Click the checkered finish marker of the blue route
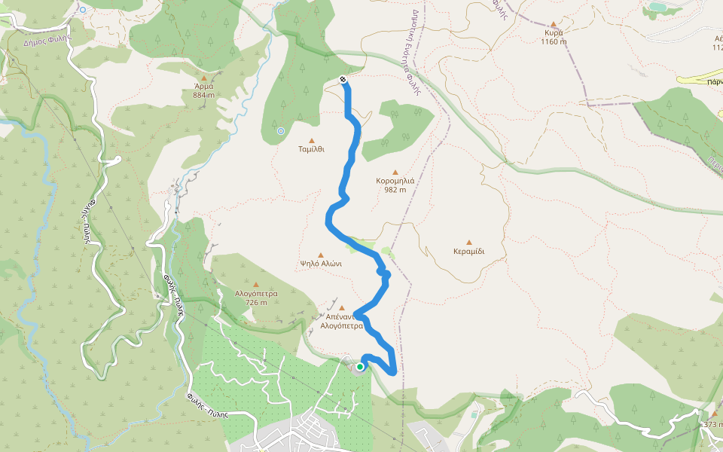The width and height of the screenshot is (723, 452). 343,79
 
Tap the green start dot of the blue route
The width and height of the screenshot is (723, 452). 360,367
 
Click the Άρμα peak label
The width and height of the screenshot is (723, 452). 203,85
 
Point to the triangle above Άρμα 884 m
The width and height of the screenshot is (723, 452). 203,76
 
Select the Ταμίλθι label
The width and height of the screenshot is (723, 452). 311,149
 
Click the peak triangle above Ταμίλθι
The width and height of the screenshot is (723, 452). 311,140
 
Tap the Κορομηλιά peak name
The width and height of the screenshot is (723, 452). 395,181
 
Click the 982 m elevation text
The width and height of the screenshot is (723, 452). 395,190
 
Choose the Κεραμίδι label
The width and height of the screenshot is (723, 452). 469,251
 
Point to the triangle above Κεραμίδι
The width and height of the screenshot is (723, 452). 469,242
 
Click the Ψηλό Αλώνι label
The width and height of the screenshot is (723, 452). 321,264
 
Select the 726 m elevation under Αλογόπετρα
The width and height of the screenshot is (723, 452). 256,302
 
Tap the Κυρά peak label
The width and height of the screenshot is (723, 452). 554,32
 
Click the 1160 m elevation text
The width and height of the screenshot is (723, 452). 554,41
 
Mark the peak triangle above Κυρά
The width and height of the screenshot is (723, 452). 554,23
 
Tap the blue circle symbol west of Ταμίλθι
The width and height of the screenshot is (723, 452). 280,131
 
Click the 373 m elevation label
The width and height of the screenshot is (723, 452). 713,424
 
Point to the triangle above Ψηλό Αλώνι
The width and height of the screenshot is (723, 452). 321,255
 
